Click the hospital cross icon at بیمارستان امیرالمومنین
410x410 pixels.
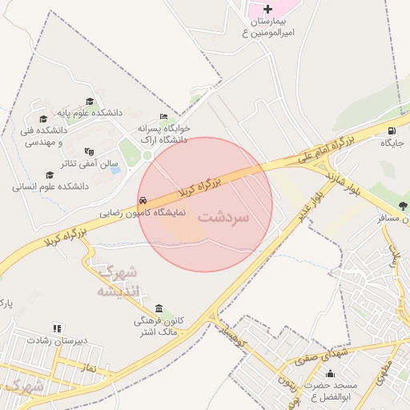[267, 9]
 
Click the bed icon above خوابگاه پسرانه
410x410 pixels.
[164, 117]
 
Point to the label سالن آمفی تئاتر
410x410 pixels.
[53, 163]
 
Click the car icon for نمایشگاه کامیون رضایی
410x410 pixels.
[143, 200]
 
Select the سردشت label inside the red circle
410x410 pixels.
[223, 217]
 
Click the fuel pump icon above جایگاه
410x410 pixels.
[391, 131]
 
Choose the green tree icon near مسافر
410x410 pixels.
[402, 206]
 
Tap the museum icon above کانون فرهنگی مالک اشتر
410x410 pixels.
[159, 309]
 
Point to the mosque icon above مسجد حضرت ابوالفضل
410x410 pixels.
[330, 373]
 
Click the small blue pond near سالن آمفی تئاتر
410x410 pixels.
[115, 170]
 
